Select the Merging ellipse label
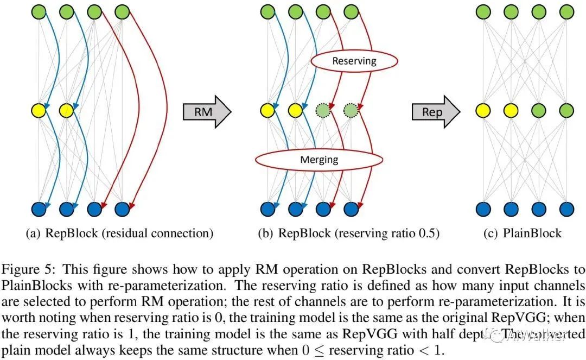(319, 160)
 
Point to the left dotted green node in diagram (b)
(322, 111)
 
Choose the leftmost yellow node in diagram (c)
(482, 111)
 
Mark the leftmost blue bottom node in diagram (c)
(482, 208)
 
